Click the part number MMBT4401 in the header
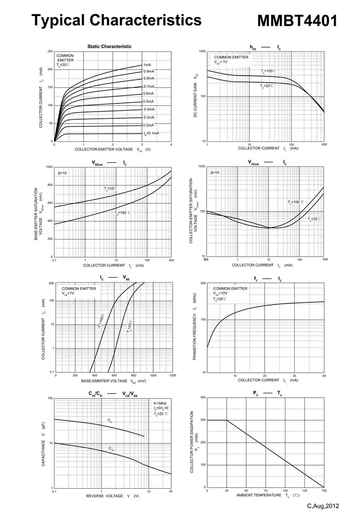[x=297, y=21]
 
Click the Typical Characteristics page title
[x=116, y=20]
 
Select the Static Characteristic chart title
[x=109, y=46]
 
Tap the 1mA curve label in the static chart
[x=147, y=65]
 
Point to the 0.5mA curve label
[x=148, y=101]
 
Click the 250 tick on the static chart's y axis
[x=49, y=51]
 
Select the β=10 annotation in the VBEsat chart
[x=62, y=173]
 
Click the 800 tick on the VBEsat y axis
[x=49, y=185]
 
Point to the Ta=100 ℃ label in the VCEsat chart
[x=296, y=203]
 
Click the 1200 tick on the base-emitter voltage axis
[x=172, y=376]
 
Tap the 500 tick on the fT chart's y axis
[x=203, y=283]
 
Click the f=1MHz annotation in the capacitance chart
[x=160, y=403]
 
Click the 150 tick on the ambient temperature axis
[x=324, y=491]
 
